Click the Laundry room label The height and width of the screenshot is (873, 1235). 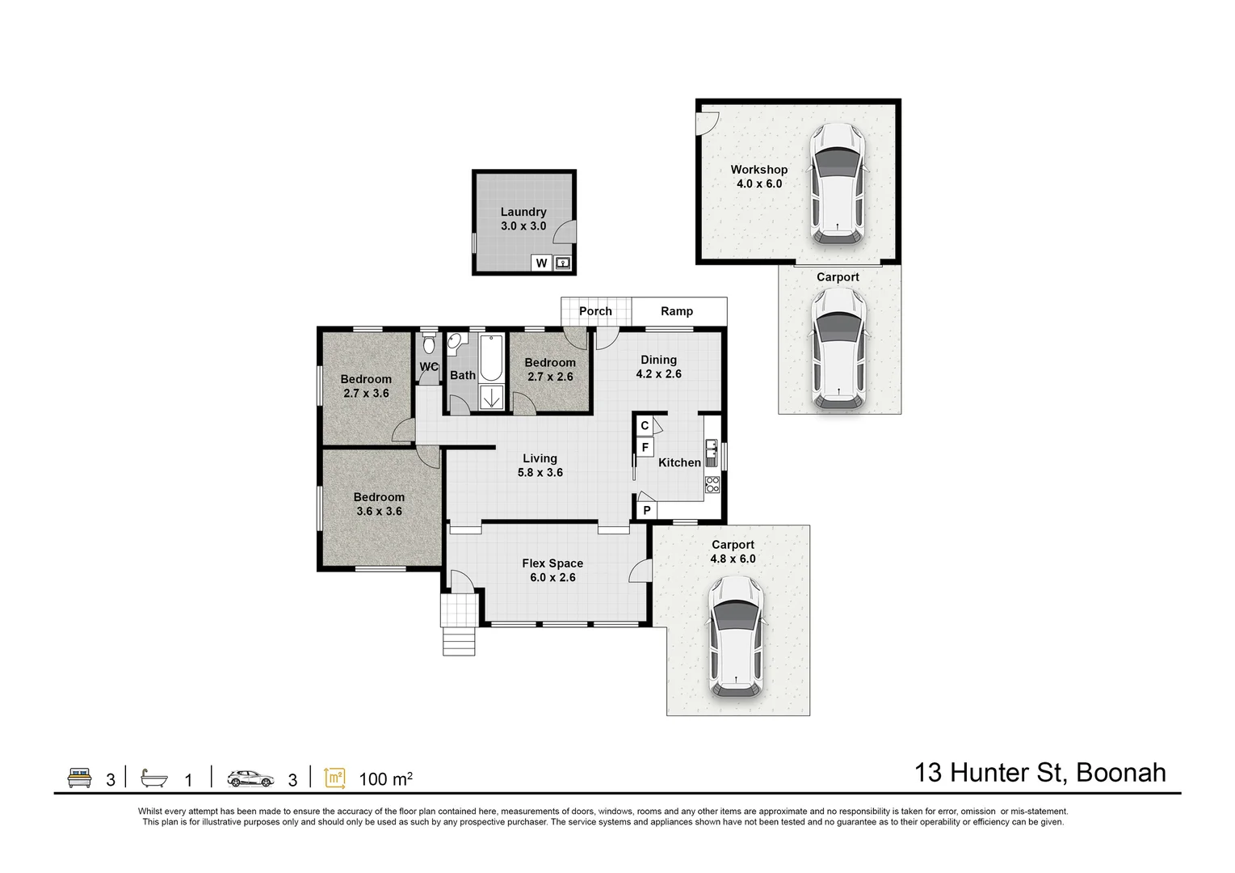(523, 212)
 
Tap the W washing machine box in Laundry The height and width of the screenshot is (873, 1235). (541, 264)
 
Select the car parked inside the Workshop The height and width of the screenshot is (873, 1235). (837, 183)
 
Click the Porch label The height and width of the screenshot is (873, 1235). (595, 311)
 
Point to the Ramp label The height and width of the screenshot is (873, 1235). (677, 311)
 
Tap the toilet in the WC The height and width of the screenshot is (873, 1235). (429, 344)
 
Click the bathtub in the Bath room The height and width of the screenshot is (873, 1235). (491, 357)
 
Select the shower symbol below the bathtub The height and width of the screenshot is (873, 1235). (491, 398)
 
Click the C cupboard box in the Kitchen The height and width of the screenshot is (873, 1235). (645, 426)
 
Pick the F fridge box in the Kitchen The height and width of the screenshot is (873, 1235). (645, 447)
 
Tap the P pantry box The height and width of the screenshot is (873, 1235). (647, 510)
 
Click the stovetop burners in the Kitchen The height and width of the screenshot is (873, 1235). (712, 484)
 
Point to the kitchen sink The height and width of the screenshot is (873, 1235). (712, 453)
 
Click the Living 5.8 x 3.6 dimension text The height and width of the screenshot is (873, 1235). (540, 472)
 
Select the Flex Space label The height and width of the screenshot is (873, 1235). (552, 563)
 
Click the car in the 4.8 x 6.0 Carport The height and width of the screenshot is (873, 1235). (736, 637)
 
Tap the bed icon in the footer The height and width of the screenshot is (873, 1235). (79, 778)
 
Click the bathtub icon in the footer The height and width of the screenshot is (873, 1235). (153, 778)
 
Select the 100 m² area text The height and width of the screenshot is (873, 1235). (385, 778)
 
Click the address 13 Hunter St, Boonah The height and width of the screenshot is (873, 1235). (1040, 773)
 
